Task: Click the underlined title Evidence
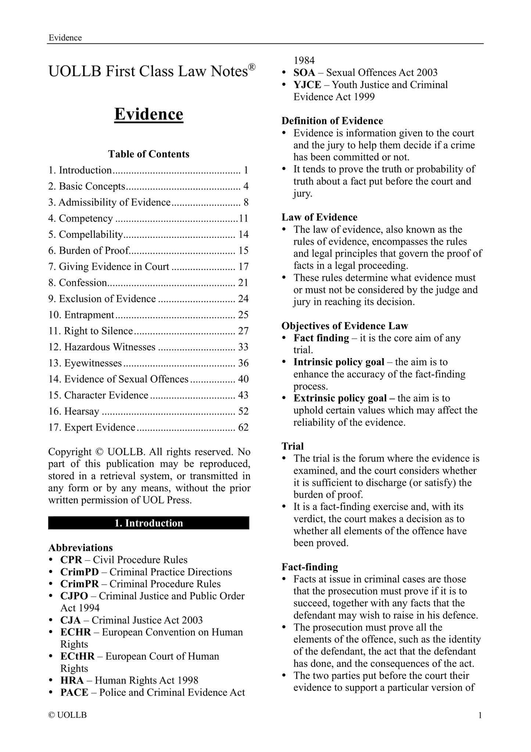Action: pos(148,114)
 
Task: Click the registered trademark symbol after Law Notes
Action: pos(251,67)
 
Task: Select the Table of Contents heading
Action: pos(148,154)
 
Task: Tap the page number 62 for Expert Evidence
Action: pos(243,427)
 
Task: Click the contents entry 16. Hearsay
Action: pos(74,411)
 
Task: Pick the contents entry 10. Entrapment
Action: pos(81,315)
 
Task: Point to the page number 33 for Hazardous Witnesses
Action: pos(243,347)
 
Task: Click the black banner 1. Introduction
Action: pos(148,523)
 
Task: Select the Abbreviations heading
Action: pos(80,548)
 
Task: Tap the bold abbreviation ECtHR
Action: pos(78,656)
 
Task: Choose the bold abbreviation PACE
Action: pos(74,692)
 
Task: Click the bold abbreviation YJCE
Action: pos(307,85)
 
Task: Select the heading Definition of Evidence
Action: pos(332,121)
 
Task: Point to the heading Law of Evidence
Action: pos(319,217)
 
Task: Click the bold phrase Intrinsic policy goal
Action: pos(339,362)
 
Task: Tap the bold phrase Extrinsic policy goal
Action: pos(340,398)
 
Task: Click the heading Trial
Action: pos(293,446)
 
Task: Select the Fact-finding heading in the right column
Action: pos(310,567)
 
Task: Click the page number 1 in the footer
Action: pos(480,715)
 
